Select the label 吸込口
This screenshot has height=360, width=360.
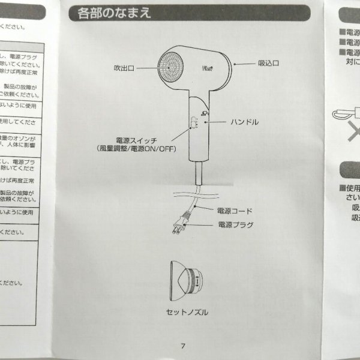pyautogui.click(x=270, y=62)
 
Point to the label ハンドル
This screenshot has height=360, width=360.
pyautogui.click(x=245, y=121)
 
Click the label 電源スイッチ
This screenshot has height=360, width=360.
pyautogui.click(x=136, y=137)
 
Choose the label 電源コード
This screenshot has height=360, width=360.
pyautogui.click(x=235, y=211)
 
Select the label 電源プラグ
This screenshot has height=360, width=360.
pyautogui.click(x=235, y=225)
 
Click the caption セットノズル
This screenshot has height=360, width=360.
pyautogui.click(x=187, y=312)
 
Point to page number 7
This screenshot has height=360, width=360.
pyautogui.click(x=184, y=346)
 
